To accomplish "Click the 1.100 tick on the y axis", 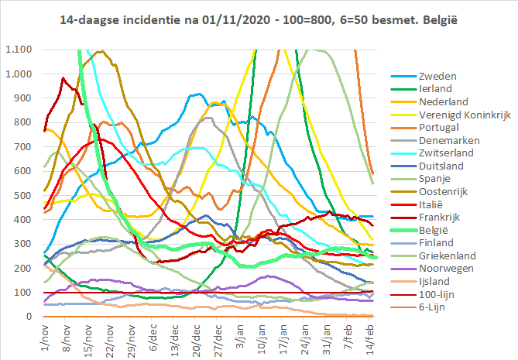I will [17, 50].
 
